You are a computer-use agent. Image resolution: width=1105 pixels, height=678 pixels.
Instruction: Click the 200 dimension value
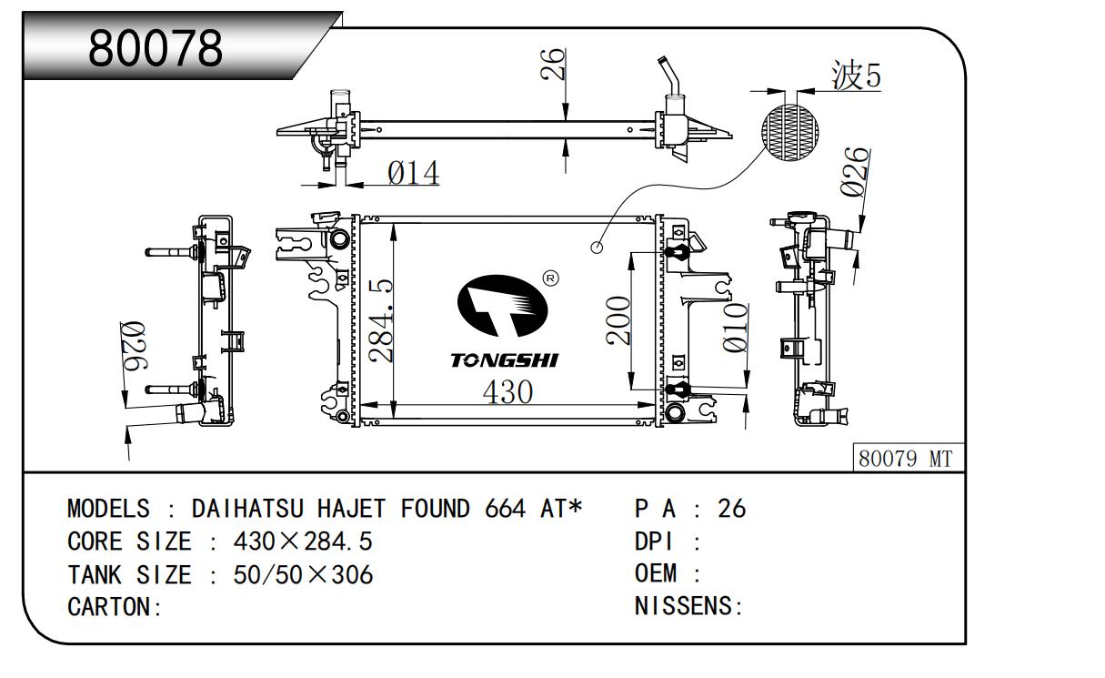coord(618,320)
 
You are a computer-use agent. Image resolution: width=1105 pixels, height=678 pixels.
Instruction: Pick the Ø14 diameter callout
coord(413,172)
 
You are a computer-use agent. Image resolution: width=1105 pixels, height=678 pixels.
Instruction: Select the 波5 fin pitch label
coord(856,76)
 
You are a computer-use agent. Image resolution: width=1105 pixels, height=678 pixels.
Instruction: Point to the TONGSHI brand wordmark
coord(505,360)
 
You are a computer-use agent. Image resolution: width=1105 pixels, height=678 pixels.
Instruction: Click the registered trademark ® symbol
coord(549,278)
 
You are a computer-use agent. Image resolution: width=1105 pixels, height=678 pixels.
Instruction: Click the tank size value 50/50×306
coord(303,574)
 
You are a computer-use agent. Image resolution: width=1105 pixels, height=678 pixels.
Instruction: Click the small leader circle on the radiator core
coord(597,247)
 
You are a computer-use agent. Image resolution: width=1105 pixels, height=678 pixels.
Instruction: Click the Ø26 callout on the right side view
coord(853,172)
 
